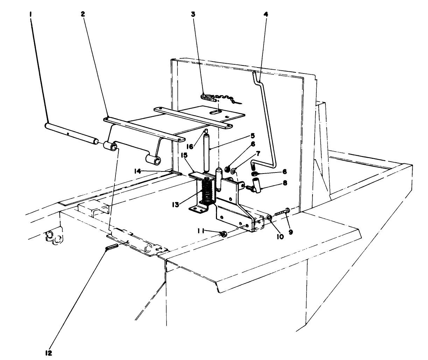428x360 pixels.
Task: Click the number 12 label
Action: (48, 353)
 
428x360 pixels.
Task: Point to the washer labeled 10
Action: (270, 218)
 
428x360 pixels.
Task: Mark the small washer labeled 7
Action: (233, 171)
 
